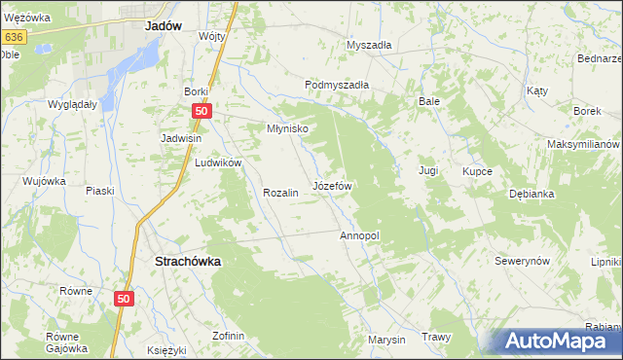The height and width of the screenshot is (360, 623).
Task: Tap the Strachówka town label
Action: click(188, 261)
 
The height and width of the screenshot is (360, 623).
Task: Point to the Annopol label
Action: click(358, 235)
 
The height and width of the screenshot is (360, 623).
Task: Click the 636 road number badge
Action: click(13, 36)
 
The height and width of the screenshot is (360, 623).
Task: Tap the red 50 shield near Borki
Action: click(201, 111)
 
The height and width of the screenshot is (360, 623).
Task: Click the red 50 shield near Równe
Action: click(123, 301)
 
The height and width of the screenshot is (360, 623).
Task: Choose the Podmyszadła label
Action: click(337, 85)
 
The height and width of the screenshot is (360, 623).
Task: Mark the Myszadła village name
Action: click(369, 45)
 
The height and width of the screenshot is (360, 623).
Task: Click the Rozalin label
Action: click(279, 193)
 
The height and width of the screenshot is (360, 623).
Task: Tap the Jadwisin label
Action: click(181, 138)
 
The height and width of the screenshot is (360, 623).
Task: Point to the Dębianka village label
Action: click(531, 194)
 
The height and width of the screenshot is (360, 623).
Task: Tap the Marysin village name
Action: click(385, 340)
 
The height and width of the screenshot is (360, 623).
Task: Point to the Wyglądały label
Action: click(72, 104)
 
